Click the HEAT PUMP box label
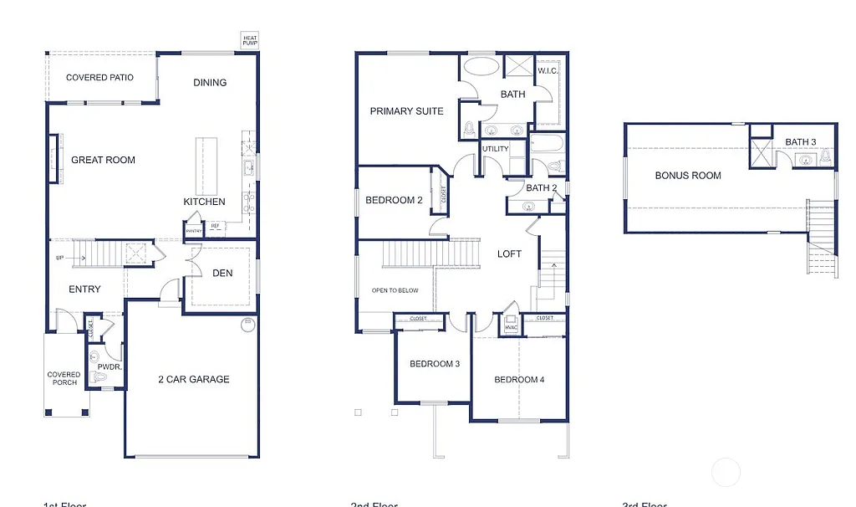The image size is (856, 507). tap(250, 40)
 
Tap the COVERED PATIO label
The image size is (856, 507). tap(99, 78)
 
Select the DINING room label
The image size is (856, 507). tap(210, 82)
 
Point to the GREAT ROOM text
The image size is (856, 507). tap(103, 160)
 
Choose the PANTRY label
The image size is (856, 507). tap(194, 231)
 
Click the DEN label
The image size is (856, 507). tap(222, 273)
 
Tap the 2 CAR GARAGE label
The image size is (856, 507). tap(194, 379)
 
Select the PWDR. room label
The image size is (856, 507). tap(110, 366)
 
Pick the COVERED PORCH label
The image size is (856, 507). tap(64, 379)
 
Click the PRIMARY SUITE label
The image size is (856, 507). tap(406, 111)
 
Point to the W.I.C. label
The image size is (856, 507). tap(548, 71)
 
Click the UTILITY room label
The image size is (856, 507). tap(495, 149)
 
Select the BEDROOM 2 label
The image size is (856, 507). tap(394, 200)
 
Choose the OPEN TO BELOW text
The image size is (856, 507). tap(395, 290)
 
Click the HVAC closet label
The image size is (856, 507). tap(510, 327)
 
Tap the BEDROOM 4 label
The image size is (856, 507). tap(519, 380)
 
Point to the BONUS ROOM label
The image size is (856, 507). tap(688, 175)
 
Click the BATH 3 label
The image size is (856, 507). tap(800, 142)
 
